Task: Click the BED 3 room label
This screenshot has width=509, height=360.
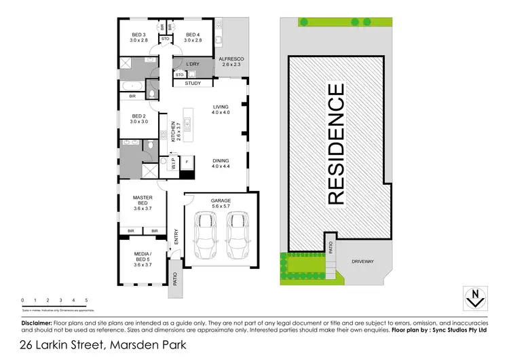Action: [140, 35]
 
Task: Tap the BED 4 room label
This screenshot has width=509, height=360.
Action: [192, 35]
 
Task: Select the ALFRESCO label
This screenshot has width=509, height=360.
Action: [231, 60]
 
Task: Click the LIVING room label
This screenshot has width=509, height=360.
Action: [221, 107]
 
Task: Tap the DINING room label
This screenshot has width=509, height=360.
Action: [221, 162]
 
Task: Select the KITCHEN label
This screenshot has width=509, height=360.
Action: [174, 130]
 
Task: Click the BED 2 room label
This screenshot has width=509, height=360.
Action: [139, 115]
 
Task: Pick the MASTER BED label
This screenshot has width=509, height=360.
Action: [142, 201]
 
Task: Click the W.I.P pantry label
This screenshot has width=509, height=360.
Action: [173, 164]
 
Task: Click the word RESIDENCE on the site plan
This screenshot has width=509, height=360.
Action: [336, 143]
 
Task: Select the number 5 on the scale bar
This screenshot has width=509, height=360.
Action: [86, 300]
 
